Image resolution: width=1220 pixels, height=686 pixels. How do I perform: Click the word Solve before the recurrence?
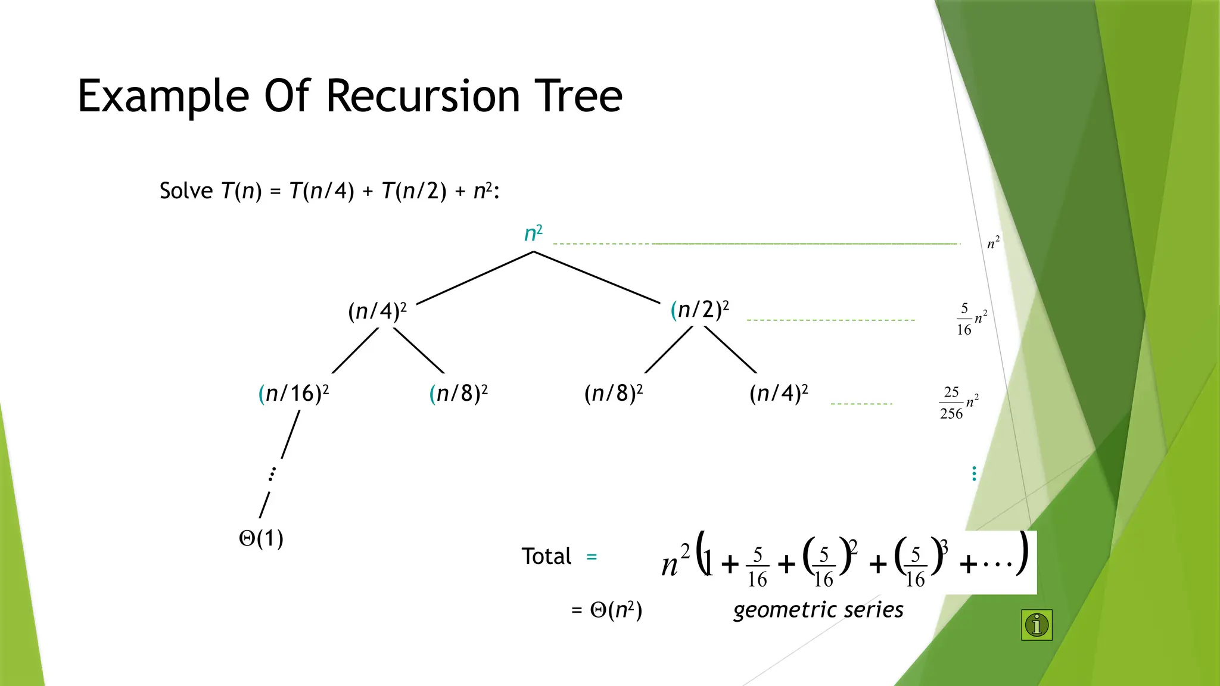tap(186, 191)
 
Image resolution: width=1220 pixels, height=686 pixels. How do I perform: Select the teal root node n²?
tap(533, 233)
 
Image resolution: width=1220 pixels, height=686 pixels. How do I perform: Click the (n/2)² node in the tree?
tap(699, 310)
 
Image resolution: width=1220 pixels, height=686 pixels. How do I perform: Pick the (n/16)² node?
tap(293, 394)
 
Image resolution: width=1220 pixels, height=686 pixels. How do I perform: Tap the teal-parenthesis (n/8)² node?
tap(458, 394)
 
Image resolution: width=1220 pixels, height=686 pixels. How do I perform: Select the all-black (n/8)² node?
tap(613, 394)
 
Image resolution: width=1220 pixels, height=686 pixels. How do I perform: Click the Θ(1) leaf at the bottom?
tap(261, 538)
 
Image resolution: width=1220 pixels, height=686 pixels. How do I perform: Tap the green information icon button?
tap(1037, 625)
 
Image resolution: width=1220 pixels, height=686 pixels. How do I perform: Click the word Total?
tap(546, 556)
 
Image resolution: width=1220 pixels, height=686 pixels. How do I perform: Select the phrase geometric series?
tap(818, 610)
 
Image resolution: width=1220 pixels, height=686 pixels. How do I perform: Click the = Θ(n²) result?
tap(607, 610)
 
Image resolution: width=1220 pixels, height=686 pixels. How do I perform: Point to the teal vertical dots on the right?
tap(974, 474)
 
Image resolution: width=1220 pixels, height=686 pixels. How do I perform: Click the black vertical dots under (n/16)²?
tap(272, 474)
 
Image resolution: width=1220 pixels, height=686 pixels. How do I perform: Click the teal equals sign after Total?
tap(592, 557)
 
